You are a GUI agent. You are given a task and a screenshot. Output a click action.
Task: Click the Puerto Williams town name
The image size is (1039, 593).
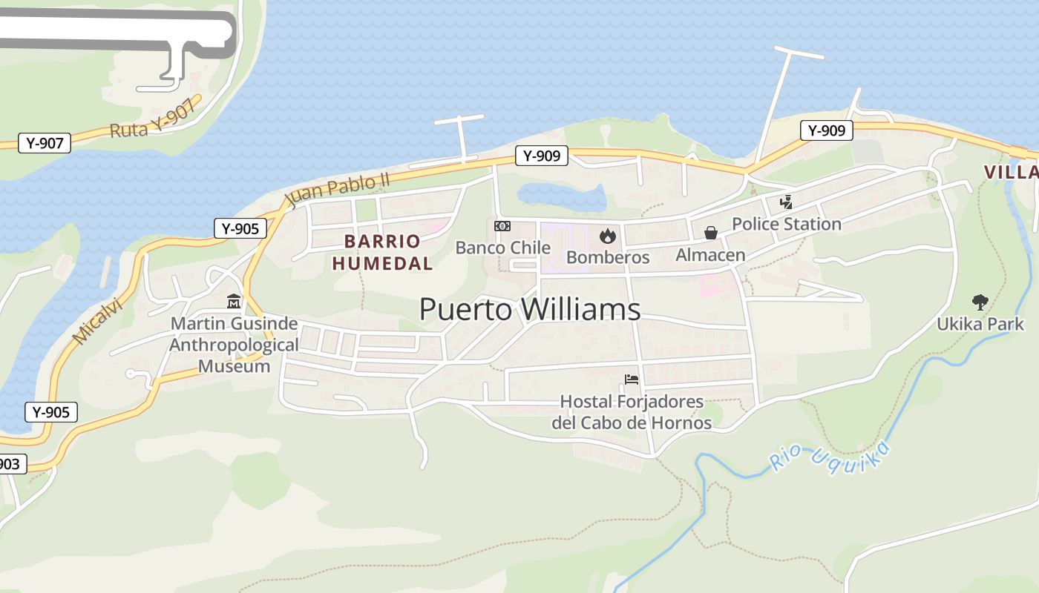point(530,309)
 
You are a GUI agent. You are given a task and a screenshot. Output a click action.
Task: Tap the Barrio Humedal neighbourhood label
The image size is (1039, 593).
point(382,252)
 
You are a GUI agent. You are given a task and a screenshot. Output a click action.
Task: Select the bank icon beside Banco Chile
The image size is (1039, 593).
point(502,226)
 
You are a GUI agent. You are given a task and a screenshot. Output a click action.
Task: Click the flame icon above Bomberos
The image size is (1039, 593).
point(608,236)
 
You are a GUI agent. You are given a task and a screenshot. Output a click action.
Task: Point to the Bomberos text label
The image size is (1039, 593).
point(608,257)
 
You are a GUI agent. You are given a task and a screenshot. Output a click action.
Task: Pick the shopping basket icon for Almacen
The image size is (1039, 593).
point(710,233)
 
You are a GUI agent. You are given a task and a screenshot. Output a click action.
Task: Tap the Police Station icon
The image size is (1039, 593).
point(786,202)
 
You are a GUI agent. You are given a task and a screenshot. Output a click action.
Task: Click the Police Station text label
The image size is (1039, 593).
point(787,224)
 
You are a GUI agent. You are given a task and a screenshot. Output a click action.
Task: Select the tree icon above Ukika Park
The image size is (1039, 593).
point(980,302)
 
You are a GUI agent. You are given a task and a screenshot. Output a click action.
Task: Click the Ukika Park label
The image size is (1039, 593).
point(980,324)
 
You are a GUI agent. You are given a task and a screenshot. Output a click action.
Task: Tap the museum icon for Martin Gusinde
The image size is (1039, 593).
point(234,302)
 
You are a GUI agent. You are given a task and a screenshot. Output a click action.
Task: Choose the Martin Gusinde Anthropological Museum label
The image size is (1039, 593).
point(234,345)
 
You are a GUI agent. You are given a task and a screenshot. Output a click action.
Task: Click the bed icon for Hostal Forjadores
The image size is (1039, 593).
point(632,380)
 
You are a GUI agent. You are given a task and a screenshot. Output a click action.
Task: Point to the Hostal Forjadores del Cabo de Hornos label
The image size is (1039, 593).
point(632,412)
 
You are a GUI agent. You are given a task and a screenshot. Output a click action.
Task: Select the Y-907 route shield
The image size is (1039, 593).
point(45,143)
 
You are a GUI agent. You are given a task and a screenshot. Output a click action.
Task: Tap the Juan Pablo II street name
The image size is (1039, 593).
point(338,191)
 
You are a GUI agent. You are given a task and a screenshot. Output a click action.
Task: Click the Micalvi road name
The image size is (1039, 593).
point(96,321)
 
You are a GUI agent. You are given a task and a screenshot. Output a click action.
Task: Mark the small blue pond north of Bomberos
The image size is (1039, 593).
point(561,196)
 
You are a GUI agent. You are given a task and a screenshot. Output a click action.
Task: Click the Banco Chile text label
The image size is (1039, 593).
point(502,248)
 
